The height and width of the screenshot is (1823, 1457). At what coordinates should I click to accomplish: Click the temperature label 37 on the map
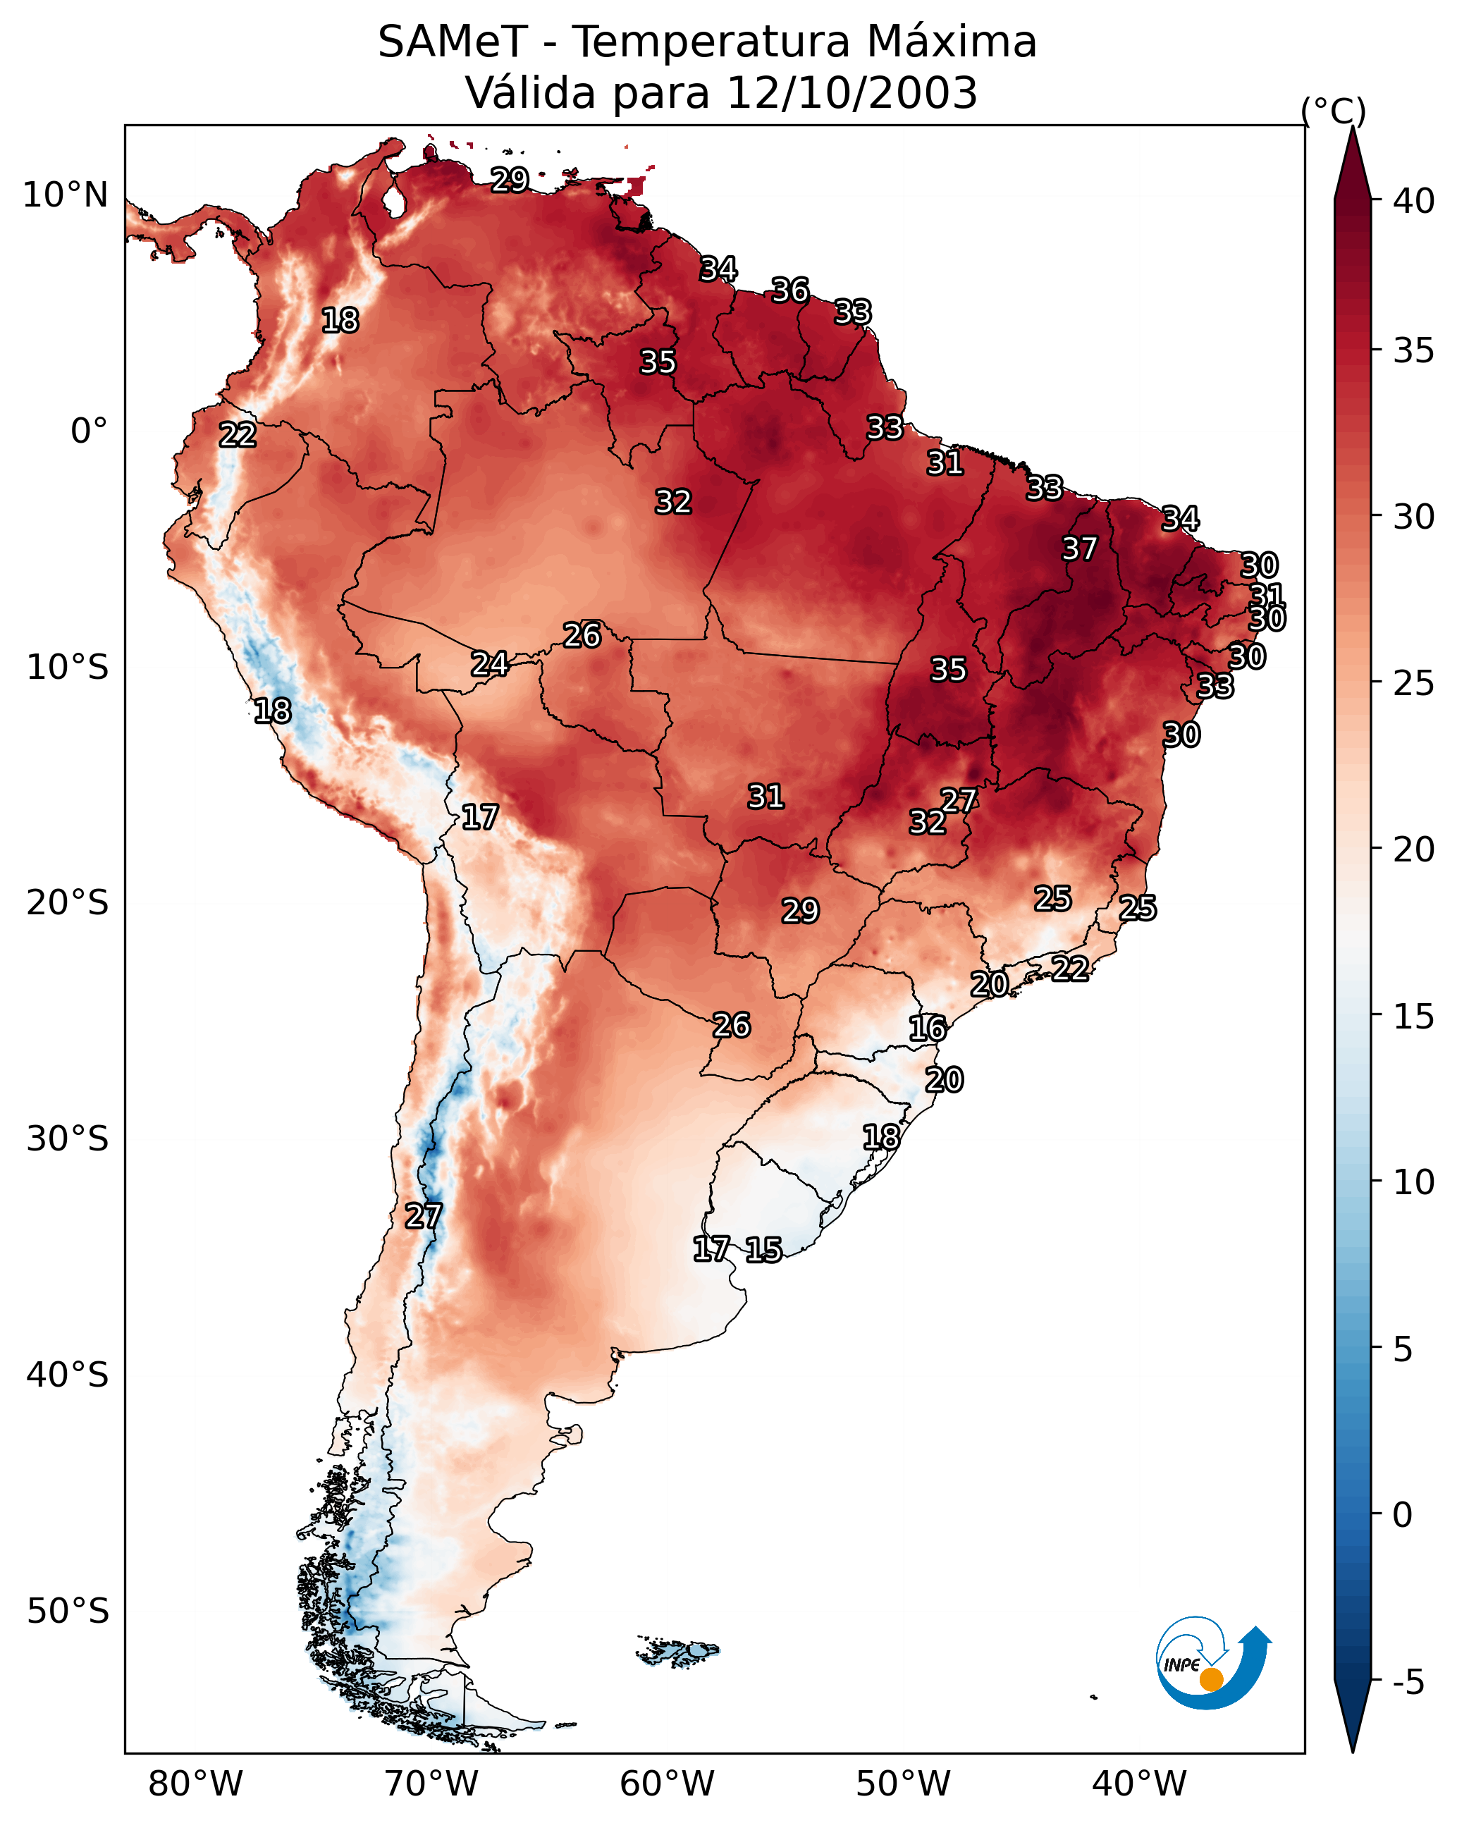[1079, 548]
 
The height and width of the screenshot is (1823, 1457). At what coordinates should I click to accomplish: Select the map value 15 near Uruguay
[763, 1249]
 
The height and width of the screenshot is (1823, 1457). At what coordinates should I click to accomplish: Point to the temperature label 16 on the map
[927, 1029]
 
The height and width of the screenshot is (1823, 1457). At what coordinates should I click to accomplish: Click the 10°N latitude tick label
[65, 195]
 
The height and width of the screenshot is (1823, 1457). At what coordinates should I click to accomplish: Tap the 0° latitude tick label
[89, 431]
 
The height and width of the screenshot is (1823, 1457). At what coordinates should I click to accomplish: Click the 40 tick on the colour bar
[1414, 201]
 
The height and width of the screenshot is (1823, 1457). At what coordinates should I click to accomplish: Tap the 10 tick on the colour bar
[1414, 1182]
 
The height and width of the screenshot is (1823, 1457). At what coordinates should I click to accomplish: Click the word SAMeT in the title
[453, 42]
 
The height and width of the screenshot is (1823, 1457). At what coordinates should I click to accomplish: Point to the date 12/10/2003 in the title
[852, 93]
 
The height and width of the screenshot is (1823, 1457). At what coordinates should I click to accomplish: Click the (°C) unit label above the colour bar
[1333, 111]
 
